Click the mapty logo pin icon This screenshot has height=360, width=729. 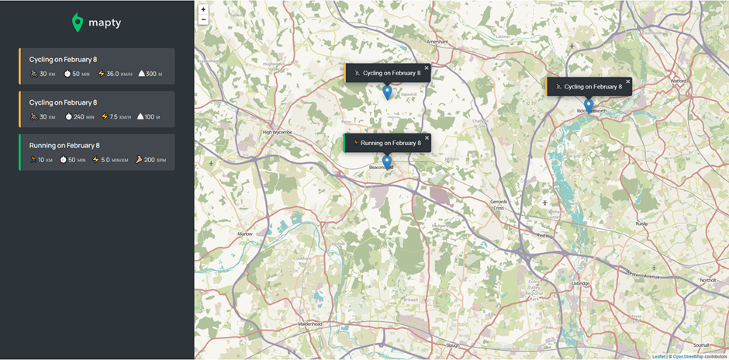point(78,22)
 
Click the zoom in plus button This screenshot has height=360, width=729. point(203,10)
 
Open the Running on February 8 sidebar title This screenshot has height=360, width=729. point(64,145)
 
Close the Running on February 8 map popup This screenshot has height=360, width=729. point(427,137)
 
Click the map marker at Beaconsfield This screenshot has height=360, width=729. point(387,161)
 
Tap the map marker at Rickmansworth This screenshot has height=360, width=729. point(589,105)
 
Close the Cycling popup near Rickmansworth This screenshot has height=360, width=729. point(628,81)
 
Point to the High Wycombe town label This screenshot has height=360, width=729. point(277,132)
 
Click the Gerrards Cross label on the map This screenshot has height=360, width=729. point(498,205)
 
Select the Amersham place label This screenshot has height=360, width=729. point(438,42)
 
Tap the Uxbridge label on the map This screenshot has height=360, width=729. point(581,283)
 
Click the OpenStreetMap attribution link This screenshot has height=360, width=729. point(688,356)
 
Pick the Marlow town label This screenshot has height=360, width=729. point(245,234)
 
